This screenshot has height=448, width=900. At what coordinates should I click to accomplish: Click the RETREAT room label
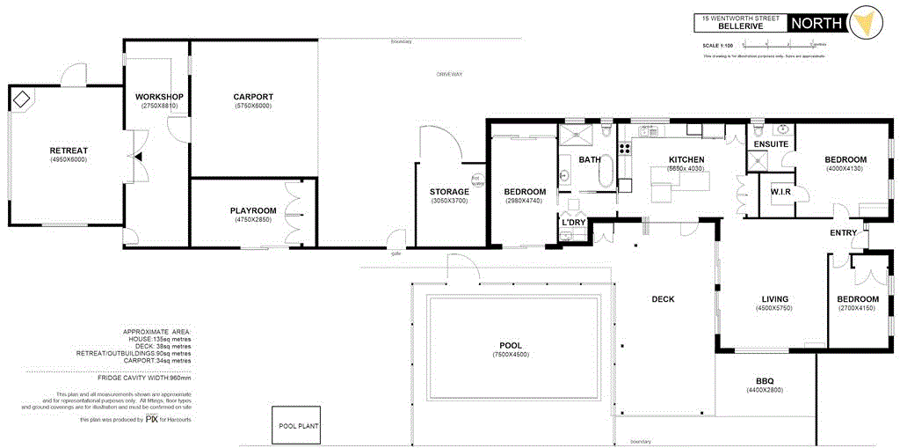[68, 151]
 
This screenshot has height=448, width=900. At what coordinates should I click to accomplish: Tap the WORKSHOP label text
[159, 97]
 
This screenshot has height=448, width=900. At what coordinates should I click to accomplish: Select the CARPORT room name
[253, 97]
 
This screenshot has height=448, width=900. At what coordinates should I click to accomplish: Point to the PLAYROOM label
[253, 210]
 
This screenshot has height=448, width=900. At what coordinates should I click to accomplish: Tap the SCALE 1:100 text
[718, 45]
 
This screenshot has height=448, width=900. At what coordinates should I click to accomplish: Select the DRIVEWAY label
[449, 75]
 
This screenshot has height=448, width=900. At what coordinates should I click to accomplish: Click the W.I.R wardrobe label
[782, 192]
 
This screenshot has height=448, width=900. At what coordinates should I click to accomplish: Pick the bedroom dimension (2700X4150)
[858, 308]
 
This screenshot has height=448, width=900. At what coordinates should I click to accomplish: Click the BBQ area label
[763, 380]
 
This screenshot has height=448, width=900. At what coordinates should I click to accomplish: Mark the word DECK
[663, 299]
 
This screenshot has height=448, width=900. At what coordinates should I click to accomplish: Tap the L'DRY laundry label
[573, 223]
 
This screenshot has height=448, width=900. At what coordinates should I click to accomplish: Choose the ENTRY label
[845, 232]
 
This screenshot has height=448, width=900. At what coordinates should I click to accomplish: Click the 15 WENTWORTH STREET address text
[737, 18]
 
